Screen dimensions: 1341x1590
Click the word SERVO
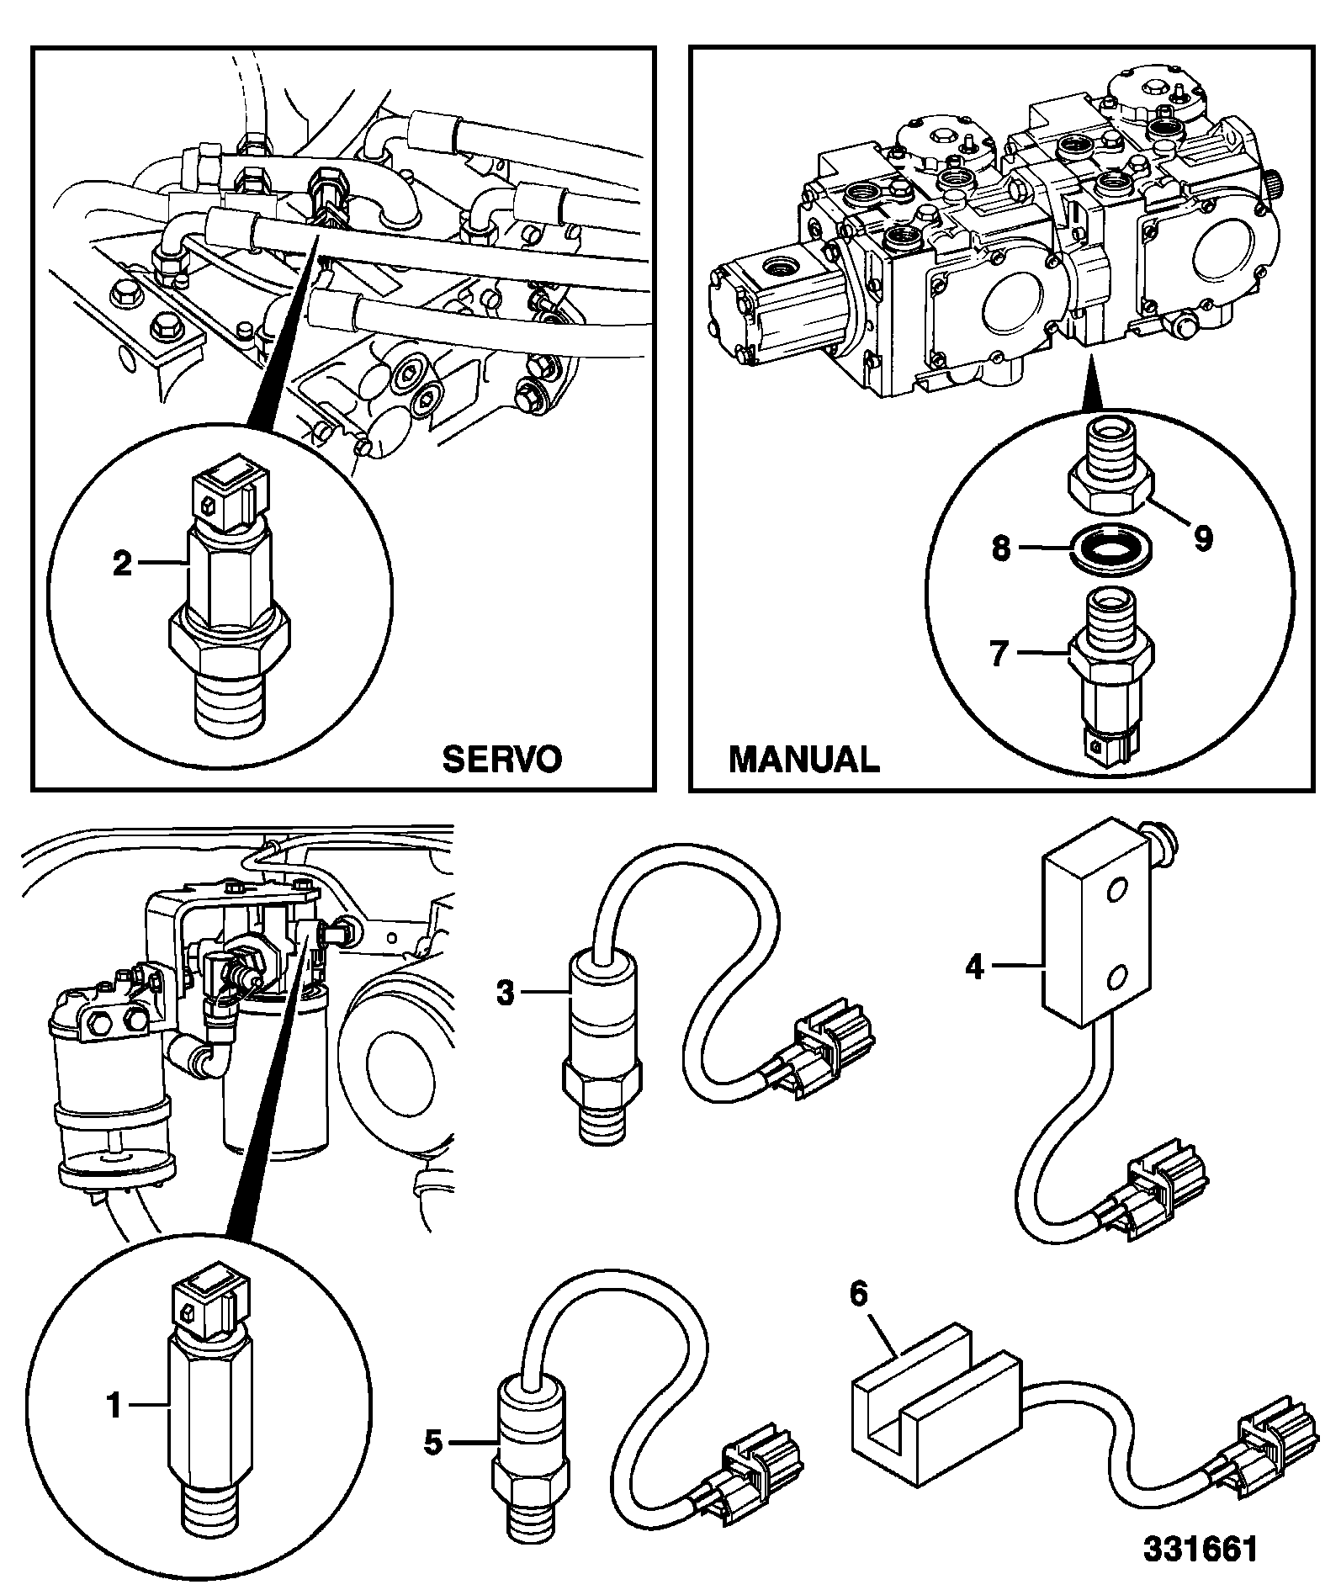[x=501, y=759]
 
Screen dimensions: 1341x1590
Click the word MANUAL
[x=804, y=759]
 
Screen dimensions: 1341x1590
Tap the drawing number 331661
[x=1199, y=1549]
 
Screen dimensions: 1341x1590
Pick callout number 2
[x=123, y=563]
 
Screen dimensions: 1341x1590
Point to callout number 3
[x=505, y=994]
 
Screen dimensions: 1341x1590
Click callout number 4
[x=975, y=967]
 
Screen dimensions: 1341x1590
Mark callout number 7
[x=999, y=654]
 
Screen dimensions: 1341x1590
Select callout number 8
[x=1000, y=549]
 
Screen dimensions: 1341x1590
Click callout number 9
[x=1203, y=538]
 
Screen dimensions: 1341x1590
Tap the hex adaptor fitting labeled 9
[x=1110, y=472]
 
